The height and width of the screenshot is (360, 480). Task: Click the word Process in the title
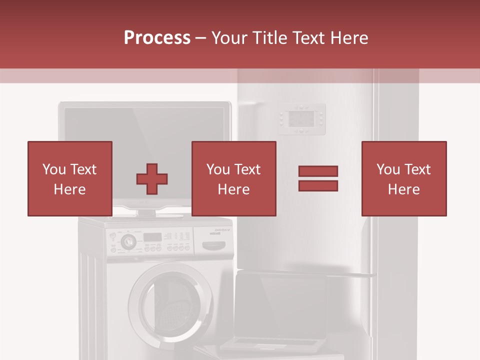coord(157,38)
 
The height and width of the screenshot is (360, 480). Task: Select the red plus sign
coord(152,178)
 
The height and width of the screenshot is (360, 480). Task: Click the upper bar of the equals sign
coord(318,171)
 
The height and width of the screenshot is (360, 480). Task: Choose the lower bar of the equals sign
coord(318,186)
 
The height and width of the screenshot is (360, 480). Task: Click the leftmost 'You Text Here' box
coord(69,178)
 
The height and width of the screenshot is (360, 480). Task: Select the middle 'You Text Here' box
coord(233,178)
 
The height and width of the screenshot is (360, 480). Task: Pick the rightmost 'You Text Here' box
coord(403,178)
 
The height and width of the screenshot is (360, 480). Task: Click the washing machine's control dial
coord(128,241)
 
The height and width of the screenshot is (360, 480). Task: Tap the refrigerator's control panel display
coord(302,119)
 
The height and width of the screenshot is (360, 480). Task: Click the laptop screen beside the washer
coord(280,305)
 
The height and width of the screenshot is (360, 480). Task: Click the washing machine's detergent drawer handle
coord(216,245)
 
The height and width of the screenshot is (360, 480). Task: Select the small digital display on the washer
coord(152,236)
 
